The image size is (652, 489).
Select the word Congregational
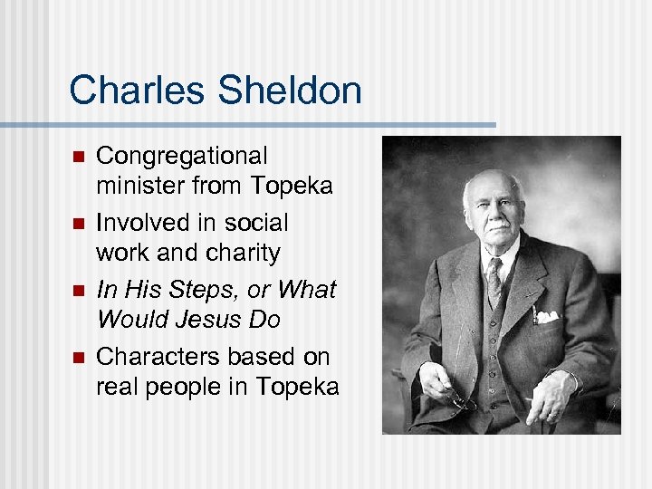click(x=182, y=157)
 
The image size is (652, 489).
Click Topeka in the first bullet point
click(x=292, y=187)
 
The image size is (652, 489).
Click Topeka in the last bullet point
click(x=297, y=387)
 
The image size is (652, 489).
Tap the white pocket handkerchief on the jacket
click(x=547, y=316)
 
